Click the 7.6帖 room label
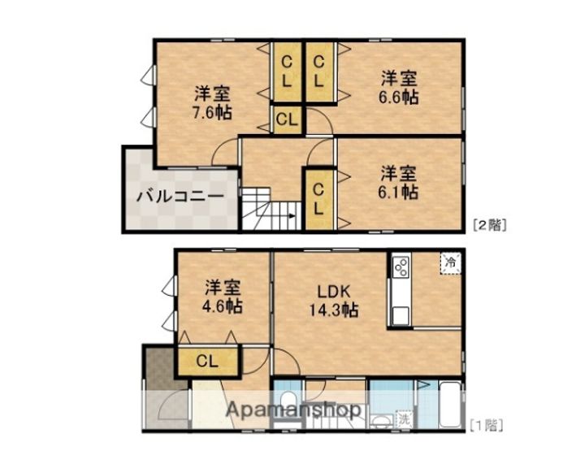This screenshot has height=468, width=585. point(210,102)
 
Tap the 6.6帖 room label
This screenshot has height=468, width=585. point(400,88)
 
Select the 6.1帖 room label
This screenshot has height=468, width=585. point(400,183)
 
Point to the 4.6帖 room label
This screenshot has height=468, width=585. point(222,297)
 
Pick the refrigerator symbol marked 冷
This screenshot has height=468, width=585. point(449,262)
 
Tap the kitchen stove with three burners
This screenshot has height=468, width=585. point(401,266)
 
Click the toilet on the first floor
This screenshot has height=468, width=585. point(286,401)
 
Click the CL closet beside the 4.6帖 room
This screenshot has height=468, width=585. point(207,362)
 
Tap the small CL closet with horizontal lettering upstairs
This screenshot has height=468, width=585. point(286,119)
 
